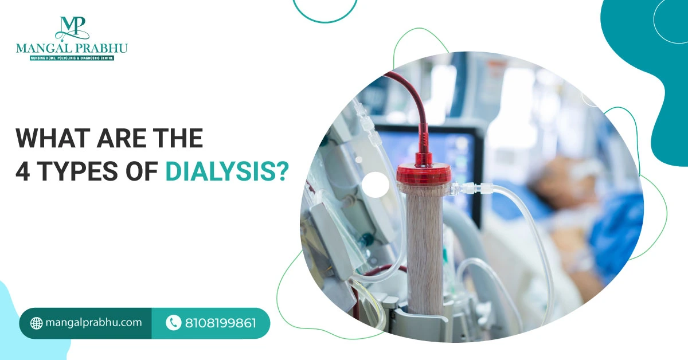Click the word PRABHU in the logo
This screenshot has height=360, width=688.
[103, 49]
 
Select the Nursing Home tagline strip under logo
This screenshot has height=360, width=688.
[72, 58]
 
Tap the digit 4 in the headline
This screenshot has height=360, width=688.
[23, 171]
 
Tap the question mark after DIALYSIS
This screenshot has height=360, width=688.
[282, 171]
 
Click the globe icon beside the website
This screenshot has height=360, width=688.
[36, 323]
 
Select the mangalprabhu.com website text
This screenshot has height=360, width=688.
[93, 323]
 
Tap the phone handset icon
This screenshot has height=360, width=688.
[174, 323]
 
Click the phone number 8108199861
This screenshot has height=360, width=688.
[221, 323]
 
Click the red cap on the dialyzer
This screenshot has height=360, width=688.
[424, 174]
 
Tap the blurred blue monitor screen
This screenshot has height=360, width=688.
[430, 154]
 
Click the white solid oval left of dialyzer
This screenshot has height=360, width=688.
[376, 185]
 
